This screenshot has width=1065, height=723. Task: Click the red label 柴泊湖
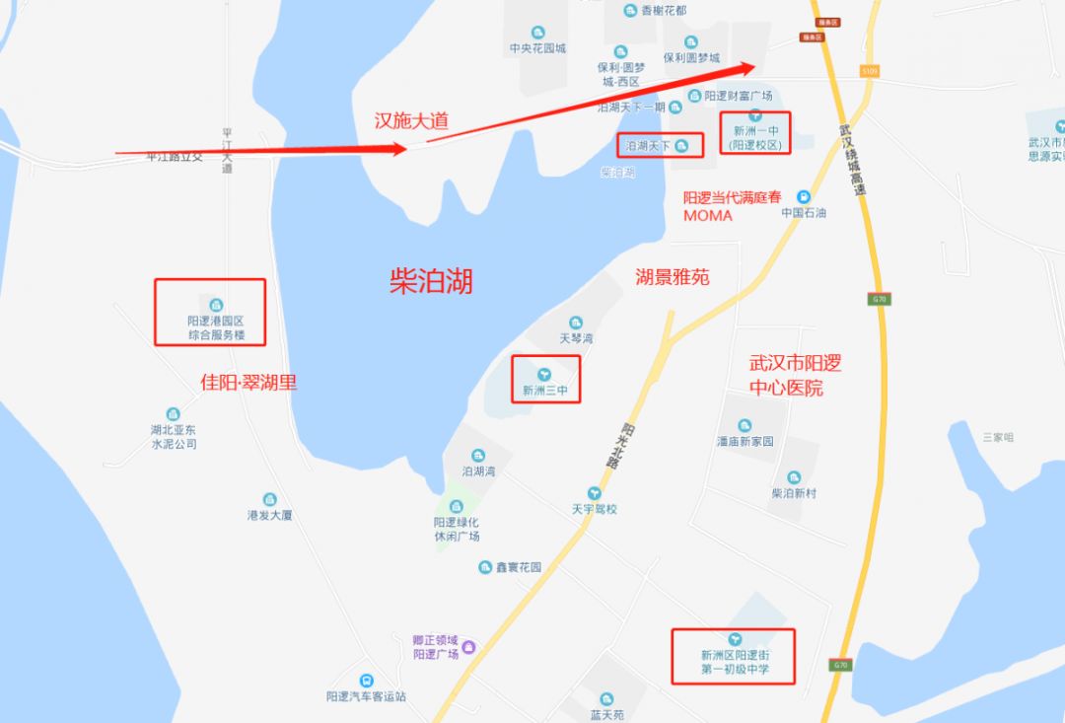point(431,282)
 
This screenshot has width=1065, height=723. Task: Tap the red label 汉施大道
point(411,120)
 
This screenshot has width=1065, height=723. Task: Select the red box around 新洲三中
point(545,379)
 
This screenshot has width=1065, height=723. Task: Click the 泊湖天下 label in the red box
point(648,146)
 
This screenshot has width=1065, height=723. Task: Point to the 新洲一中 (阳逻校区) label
point(755,138)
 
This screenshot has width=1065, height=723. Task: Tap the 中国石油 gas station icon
point(805,196)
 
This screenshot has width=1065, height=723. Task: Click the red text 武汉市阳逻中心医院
point(795,376)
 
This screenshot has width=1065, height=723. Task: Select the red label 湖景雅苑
point(672,277)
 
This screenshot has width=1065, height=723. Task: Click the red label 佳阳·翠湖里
point(248,382)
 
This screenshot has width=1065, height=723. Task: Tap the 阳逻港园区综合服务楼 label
point(216,328)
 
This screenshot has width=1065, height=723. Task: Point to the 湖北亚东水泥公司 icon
point(174,413)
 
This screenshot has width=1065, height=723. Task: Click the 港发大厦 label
point(269,515)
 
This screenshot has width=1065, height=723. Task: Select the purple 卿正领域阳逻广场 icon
point(468,646)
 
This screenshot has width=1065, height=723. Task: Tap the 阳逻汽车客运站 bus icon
point(366,681)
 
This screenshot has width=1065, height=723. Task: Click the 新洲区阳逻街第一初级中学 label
point(734,662)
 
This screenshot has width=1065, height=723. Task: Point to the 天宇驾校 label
point(594,509)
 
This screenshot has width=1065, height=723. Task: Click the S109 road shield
point(868,71)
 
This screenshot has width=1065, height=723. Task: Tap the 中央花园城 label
point(537,48)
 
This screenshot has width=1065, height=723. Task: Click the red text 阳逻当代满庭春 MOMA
point(732,206)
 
